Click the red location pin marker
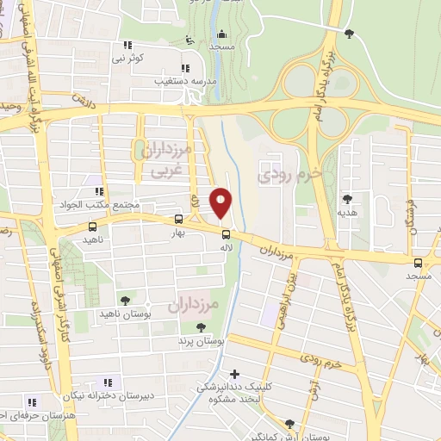tap(222, 202)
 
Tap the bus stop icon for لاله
tap(226, 234)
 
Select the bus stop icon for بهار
tap(178, 219)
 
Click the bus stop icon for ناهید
tap(92, 227)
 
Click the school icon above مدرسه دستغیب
tap(183, 68)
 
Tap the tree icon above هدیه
tap(347, 198)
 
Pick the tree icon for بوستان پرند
tap(201, 327)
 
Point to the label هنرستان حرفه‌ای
tap(30, 415)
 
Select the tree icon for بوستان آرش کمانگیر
tap(289, 424)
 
